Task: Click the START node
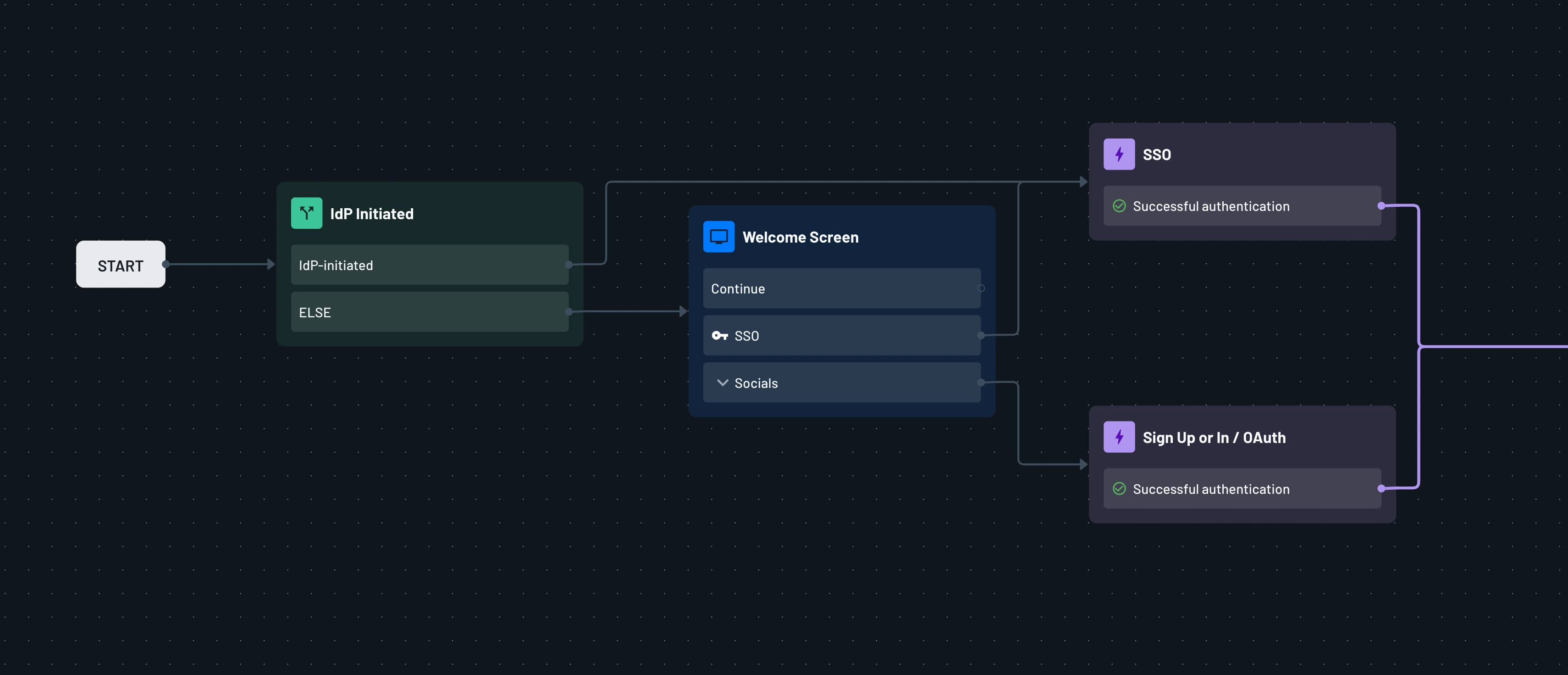tap(121, 265)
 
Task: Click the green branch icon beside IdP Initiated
tap(306, 213)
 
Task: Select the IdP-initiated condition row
tap(429, 265)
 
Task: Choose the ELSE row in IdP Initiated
tap(429, 312)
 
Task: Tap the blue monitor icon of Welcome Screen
tap(718, 237)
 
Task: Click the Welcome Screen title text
tap(800, 238)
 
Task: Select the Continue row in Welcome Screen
tap(841, 288)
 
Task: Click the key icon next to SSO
tap(719, 335)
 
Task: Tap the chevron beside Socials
tap(723, 383)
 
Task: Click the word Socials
tap(756, 383)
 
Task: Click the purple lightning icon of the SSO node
tap(1119, 154)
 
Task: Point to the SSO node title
tap(1157, 155)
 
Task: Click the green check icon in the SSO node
tap(1119, 206)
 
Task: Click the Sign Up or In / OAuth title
tap(1214, 437)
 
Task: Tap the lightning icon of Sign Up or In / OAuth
tap(1119, 437)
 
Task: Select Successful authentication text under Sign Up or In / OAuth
tap(1211, 489)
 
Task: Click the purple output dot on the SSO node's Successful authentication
tap(1381, 206)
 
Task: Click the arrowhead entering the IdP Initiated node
tap(271, 264)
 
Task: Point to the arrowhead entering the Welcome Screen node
tap(683, 312)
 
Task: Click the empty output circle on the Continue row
tap(981, 288)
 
